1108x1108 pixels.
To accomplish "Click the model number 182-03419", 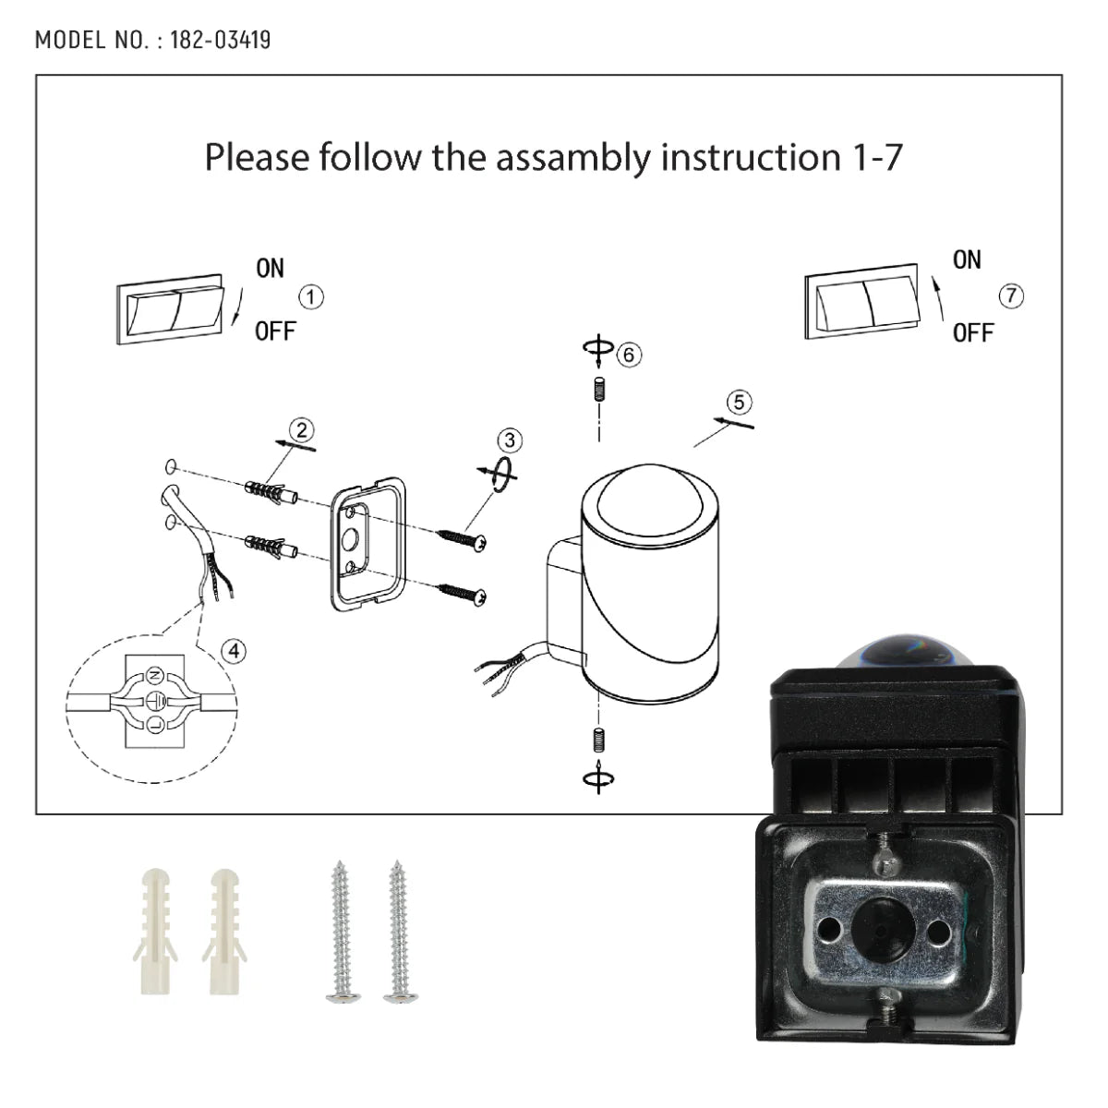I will [x=220, y=40].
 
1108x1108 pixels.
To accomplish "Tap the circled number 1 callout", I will [x=312, y=297].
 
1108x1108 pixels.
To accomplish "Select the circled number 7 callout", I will [x=1012, y=295].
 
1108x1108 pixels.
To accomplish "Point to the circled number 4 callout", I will [x=235, y=651].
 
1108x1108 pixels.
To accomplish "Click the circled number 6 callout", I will [x=630, y=354].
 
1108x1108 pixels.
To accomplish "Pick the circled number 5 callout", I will [x=739, y=402].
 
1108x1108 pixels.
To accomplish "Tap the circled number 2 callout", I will [x=301, y=429].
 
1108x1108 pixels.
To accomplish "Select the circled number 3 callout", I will [x=509, y=440].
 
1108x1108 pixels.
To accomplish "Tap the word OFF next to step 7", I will [x=973, y=332].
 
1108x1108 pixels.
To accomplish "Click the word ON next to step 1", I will [x=270, y=269].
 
